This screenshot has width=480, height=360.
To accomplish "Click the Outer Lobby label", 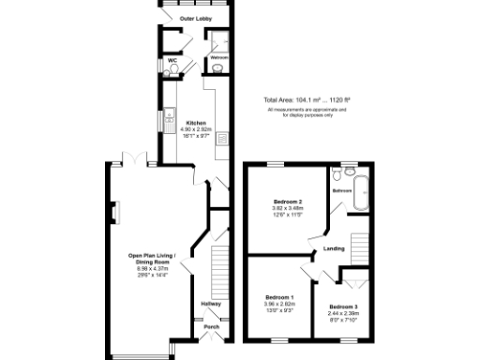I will point(195,18).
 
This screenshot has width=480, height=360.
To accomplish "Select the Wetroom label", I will point(218,57).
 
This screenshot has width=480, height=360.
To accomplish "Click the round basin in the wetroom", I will point(217,67).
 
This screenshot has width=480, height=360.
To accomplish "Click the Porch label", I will point(212,327).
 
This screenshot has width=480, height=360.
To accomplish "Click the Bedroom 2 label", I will point(287,202).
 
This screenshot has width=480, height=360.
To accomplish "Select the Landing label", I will point(334,248).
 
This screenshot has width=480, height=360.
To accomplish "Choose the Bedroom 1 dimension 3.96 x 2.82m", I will point(279,304).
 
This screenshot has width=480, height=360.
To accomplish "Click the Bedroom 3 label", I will point(343,307).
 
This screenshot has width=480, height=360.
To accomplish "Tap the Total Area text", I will point(307,100).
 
